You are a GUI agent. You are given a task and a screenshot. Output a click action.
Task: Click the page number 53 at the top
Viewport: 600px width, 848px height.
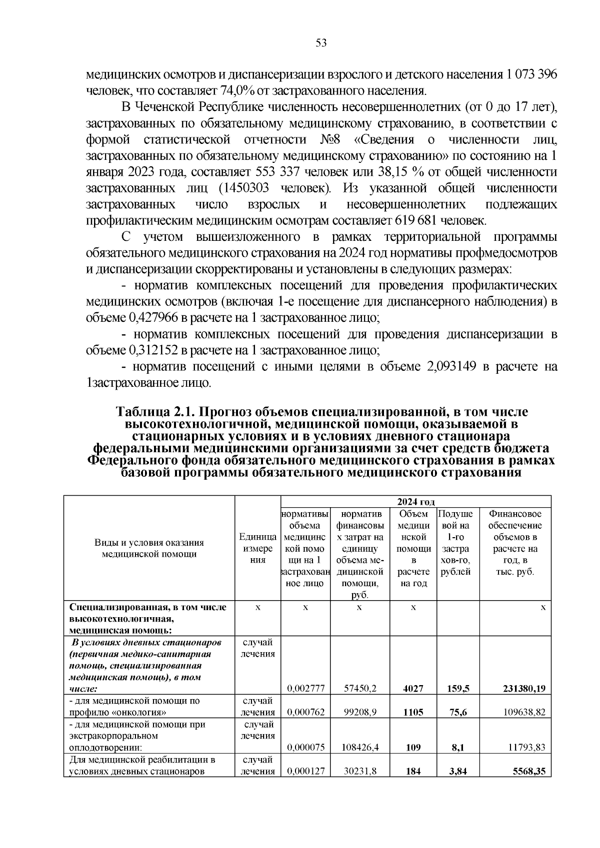coord(321,43)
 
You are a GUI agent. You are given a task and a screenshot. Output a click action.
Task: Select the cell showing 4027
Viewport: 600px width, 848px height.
coord(413,688)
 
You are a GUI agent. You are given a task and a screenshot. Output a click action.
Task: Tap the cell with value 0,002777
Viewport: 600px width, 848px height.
coord(306,688)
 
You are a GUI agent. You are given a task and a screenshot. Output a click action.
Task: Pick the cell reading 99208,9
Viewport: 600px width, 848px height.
coord(360,712)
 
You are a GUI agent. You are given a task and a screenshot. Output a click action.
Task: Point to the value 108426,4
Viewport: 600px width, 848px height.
coord(359,747)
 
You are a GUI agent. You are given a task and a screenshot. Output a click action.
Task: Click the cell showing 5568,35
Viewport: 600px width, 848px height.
coord(529,771)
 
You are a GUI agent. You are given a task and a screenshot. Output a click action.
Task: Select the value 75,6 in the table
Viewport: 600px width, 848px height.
coord(458,712)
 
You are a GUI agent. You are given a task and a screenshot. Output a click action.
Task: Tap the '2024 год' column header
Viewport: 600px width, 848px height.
coord(415,502)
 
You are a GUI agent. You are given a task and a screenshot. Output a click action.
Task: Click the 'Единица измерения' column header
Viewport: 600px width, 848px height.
coord(257,548)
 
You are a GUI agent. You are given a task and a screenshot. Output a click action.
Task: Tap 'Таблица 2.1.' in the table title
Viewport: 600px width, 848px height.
coord(153,412)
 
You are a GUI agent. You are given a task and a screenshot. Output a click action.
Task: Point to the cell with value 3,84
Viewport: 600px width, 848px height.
coord(458,771)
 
